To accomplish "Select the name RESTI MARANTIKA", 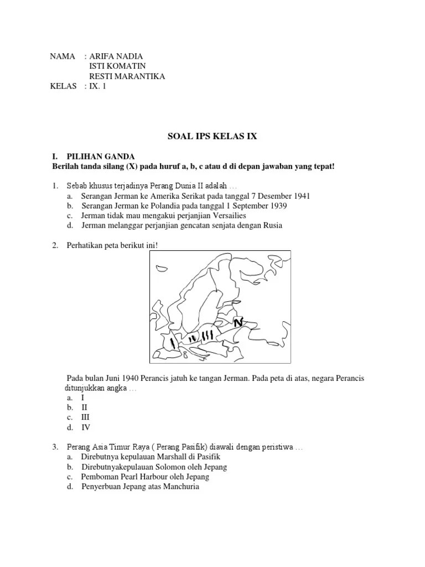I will pyautogui.click(x=127, y=76).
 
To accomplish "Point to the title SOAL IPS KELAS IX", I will pyautogui.click(x=212, y=136).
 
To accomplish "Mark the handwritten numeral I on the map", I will pyautogui.click(x=173, y=343).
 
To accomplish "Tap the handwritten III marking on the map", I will pyautogui.click(x=208, y=334).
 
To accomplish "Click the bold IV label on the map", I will pyautogui.click(x=239, y=322).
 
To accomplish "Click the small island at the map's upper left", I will pyautogui.click(x=162, y=270).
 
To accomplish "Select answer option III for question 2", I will pyautogui.click(x=85, y=417).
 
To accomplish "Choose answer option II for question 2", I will pyautogui.click(x=85, y=407).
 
